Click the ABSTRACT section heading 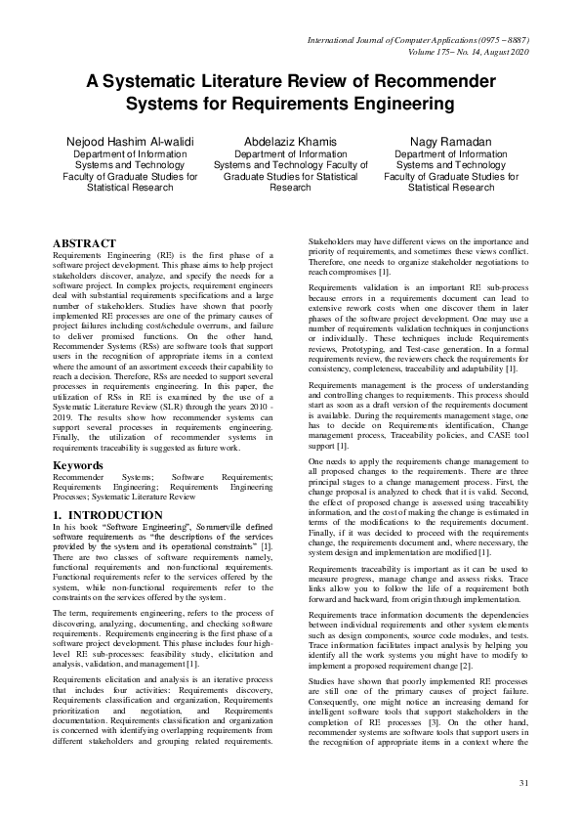tap(84, 243)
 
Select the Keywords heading tap(77, 466)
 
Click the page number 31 tap(523, 783)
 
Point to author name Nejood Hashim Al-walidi tap(118, 141)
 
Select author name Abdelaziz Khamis tap(289, 141)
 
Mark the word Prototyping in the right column tap(385, 375)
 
